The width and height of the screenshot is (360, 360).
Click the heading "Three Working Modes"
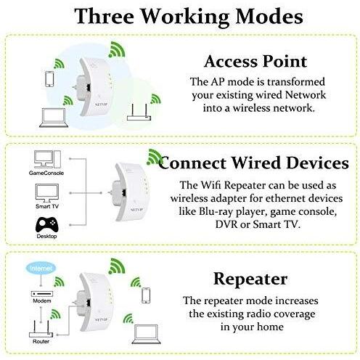[x=189, y=16]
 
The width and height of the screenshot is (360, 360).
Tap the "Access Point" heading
[x=255, y=61]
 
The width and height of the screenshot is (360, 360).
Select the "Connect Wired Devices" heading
[x=253, y=163]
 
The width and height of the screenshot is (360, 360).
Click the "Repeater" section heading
[x=250, y=279]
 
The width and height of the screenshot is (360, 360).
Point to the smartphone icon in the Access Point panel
[x=49, y=79]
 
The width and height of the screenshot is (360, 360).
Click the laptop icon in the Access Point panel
[x=54, y=118]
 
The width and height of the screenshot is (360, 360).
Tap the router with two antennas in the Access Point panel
[x=139, y=113]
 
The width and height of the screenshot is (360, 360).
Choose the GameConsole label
[x=46, y=173]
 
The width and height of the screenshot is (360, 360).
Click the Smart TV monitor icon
[x=47, y=193]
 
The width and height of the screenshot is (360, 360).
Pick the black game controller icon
[x=46, y=224]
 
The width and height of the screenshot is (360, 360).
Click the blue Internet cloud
[x=41, y=268]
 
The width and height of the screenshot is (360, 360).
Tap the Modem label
[x=42, y=301]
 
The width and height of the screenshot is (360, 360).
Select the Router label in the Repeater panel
[x=41, y=341]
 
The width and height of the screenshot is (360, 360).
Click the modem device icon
[x=42, y=293]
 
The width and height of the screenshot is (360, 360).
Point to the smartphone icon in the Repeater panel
[x=146, y=295]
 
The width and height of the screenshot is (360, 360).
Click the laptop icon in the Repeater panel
[x=146, y=334]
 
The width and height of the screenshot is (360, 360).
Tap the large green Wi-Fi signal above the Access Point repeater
[x=117, y=49]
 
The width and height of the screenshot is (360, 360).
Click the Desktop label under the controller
[x=46, y=236]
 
